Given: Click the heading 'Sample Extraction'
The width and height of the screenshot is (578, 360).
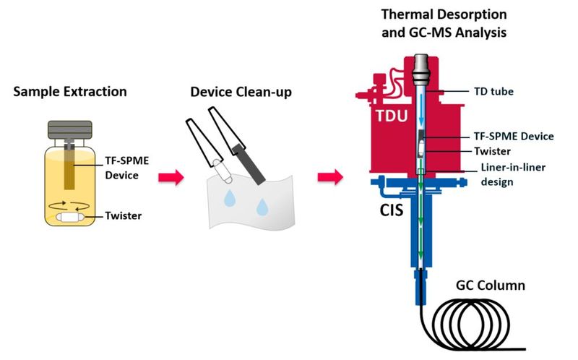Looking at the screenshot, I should pos(71,92).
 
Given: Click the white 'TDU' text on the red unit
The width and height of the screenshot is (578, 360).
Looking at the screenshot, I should pos(390,119).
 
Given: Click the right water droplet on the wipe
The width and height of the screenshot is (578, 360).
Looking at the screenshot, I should pos(262,207).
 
